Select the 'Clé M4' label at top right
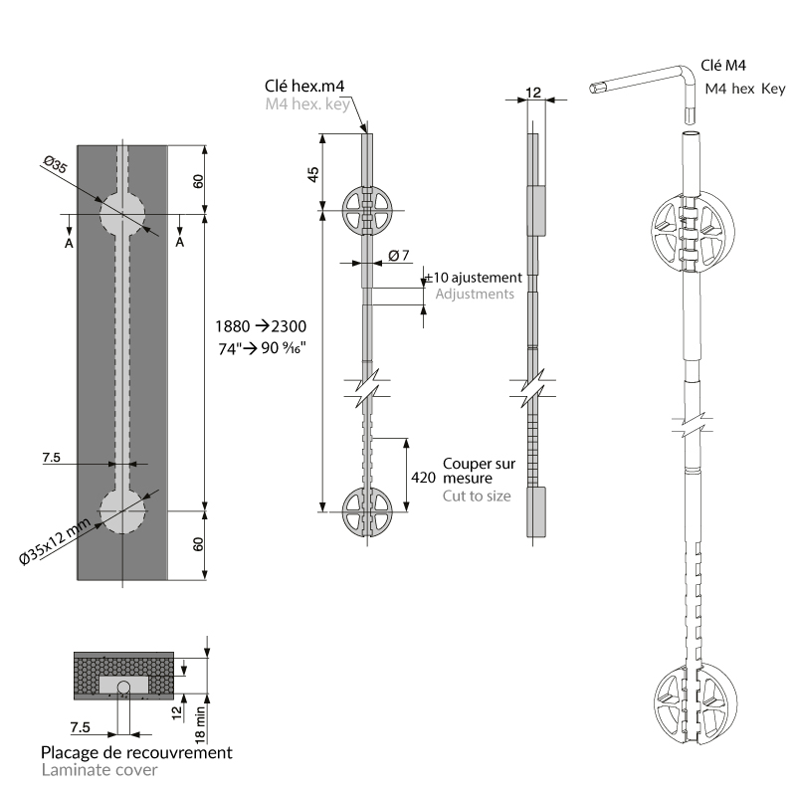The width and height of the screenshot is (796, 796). pos(724,66)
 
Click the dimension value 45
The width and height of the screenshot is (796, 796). pos(313,173)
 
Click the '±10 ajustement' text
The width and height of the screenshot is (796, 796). pos(474,278)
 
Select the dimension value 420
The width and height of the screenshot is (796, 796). pos(423,478)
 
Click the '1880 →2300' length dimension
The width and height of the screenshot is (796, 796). pos(261,326)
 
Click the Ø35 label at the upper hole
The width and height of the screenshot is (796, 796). pos(56,167)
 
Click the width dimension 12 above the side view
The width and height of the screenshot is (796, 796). pos(533,93)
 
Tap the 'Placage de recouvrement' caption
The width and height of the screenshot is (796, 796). pos(136,751)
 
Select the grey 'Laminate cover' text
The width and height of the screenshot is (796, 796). pos(99,769)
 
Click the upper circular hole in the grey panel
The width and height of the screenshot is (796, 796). pos(121,211)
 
